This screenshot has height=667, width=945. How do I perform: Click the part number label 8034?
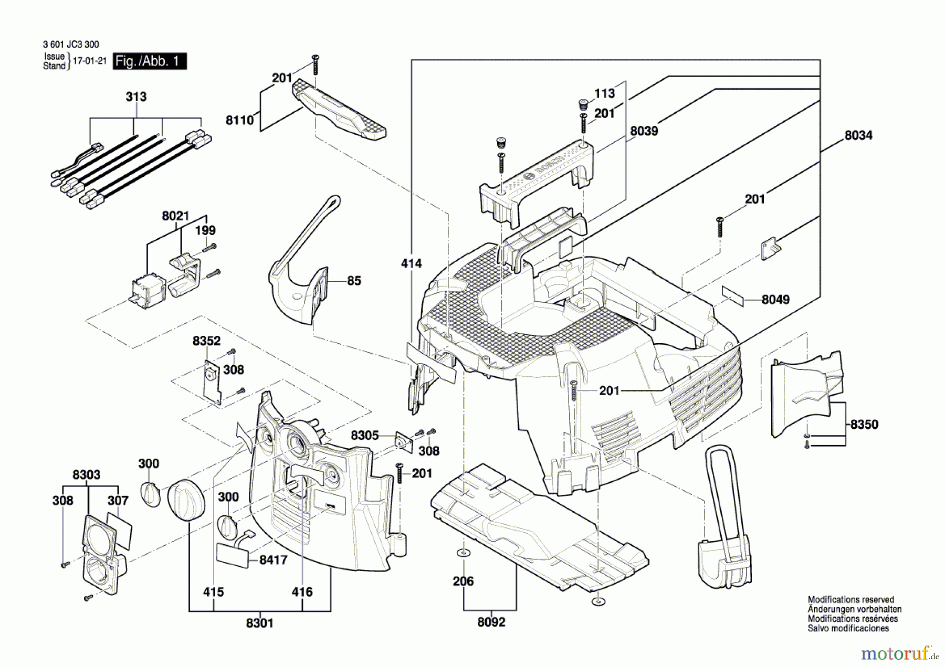(x=858, y=135)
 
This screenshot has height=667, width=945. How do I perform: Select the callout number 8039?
(x=644, y=131)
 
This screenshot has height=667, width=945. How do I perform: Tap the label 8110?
(x=240, y=120)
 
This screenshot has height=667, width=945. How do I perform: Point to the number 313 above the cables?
(x=136, y=97)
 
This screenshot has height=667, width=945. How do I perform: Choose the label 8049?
(x=775, y=300)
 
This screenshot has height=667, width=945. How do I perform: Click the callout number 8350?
(x=864, y=425)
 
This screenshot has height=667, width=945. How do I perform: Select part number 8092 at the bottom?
(x=491, y=622)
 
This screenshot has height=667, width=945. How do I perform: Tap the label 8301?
(x=260, y=623)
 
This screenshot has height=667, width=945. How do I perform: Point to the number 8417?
(x=274, y=560)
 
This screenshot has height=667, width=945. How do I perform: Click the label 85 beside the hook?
(x=354, y=281)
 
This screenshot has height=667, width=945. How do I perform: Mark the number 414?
(x=411, y=263)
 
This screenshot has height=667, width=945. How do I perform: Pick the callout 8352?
(x=206, y=341)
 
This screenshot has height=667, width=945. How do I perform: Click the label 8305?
(x=365, y=436)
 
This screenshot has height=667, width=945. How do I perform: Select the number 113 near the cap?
(x=604, y=93)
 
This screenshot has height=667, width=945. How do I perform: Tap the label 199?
(x=205, y=230)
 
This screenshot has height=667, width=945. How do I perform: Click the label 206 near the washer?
(x=463, y=581)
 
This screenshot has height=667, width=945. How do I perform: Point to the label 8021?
(x=175, y=216)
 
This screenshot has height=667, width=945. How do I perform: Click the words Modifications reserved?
(x=850, y=599)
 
